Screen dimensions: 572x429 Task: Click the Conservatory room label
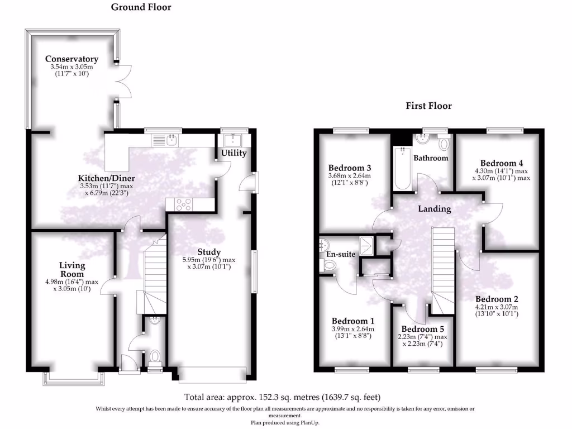71,59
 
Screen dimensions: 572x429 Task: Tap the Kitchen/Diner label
107,178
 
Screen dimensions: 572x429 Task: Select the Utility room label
234,153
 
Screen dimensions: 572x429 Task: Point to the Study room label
209,252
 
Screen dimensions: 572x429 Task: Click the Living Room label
72,270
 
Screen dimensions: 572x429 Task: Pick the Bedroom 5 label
423,329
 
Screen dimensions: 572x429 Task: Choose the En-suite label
341,254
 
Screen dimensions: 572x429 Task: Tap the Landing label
435,209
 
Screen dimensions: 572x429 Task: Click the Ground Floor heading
141,7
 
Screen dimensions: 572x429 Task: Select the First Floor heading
428,106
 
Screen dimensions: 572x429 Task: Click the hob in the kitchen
183,204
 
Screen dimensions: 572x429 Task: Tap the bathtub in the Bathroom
402,168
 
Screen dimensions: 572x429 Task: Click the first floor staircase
444,270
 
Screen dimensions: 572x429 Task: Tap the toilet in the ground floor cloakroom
155,357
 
